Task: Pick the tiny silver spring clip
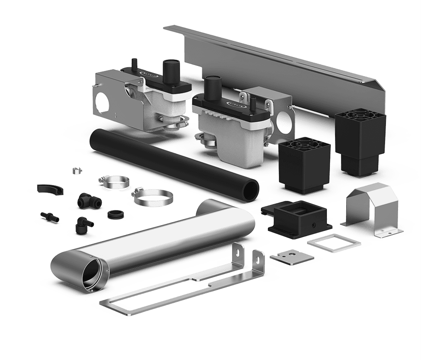(x=77, y=171)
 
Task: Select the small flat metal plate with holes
(x=292, y=257)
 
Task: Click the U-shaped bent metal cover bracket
(x=373, y=211)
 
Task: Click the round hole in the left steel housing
(x=103, y=102)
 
